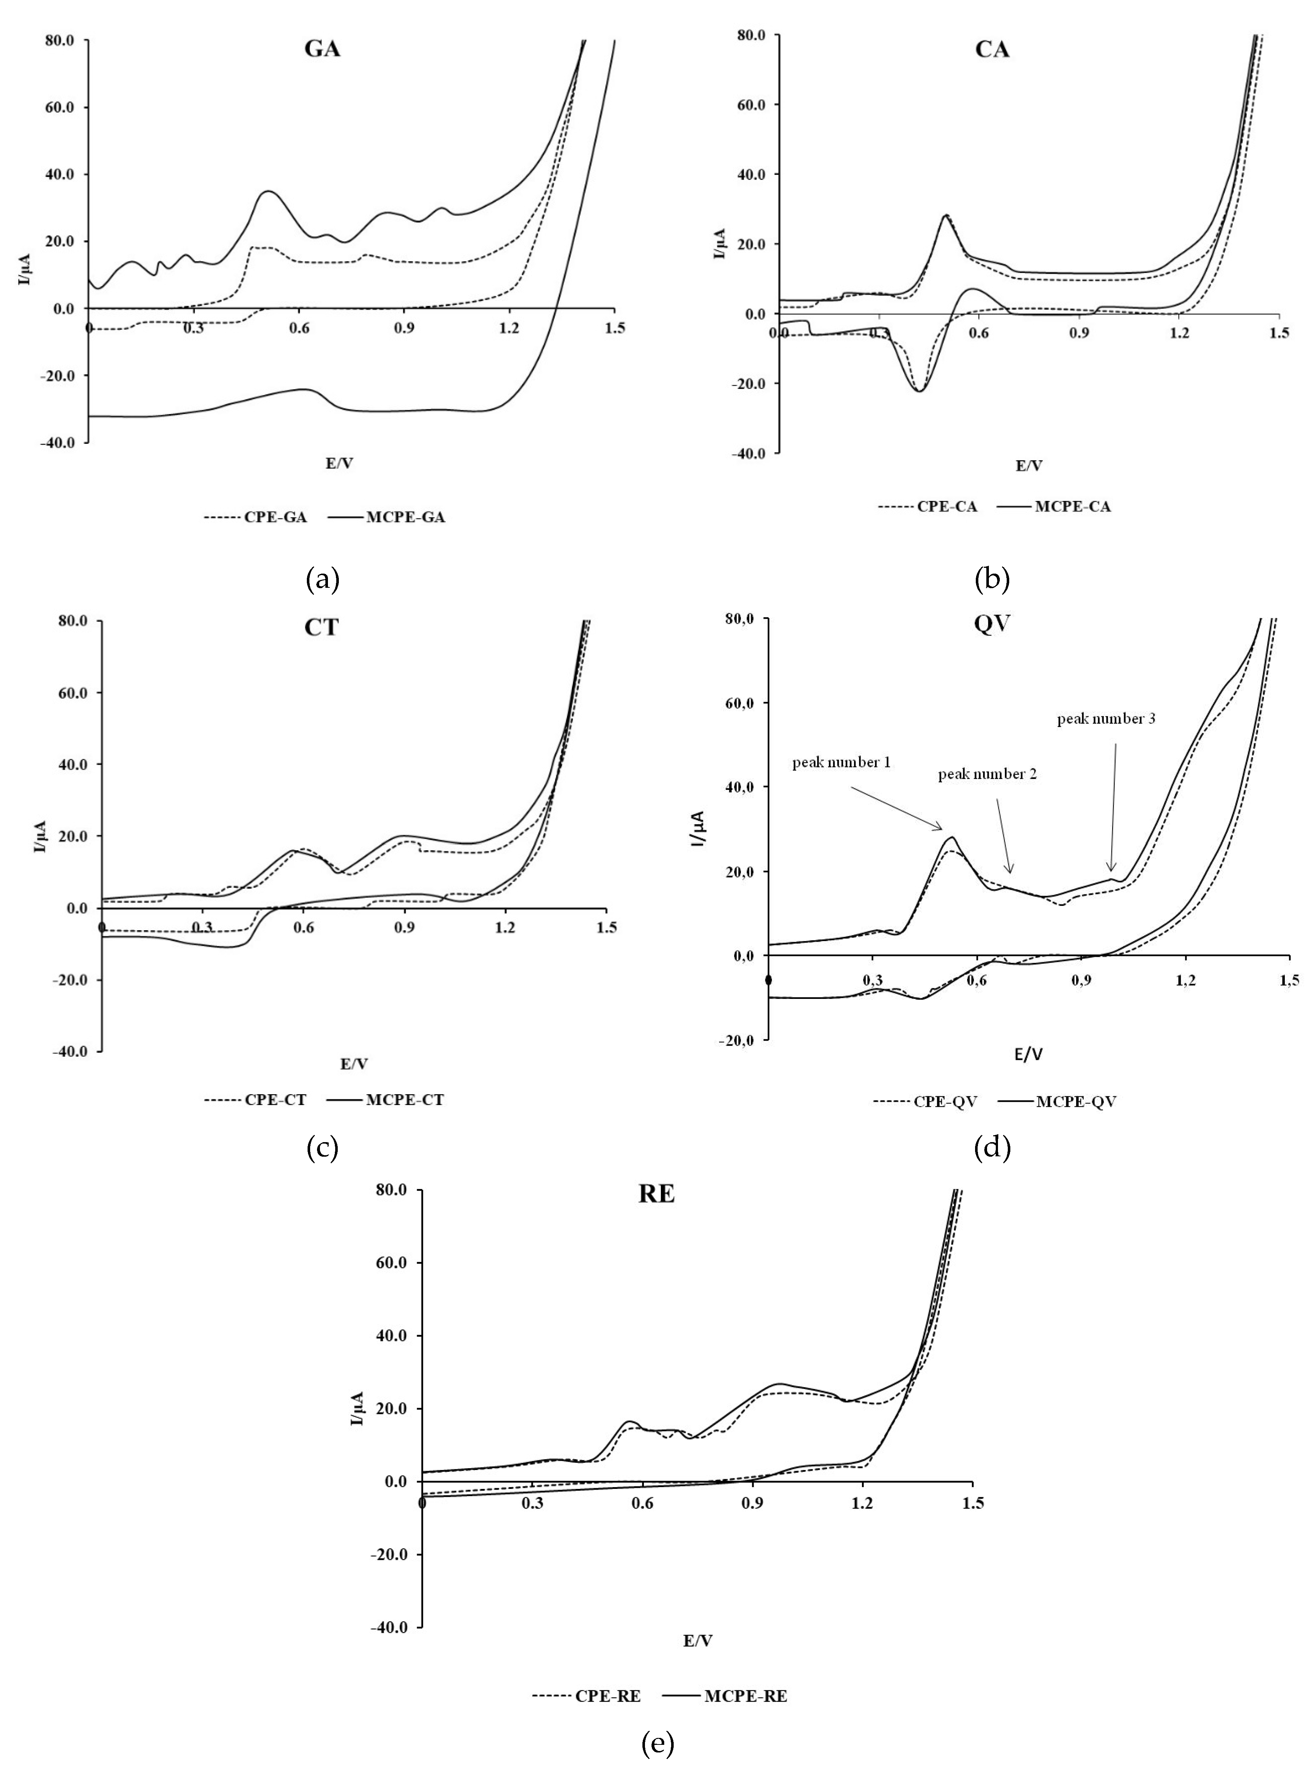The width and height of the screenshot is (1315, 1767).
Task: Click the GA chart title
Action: pyautogui.click(x=322, y=49)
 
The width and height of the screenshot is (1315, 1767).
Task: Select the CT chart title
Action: pyautogui.click(x=321, y=627)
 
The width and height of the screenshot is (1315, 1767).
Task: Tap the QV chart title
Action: pyautogui.click(x=992, y=625)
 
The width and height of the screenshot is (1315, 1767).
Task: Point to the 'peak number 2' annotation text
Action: pyautogui.click(x=987, y=774)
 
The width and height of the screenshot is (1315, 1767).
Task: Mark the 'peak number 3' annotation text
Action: pyautogui.click(x=1106, y=719)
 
